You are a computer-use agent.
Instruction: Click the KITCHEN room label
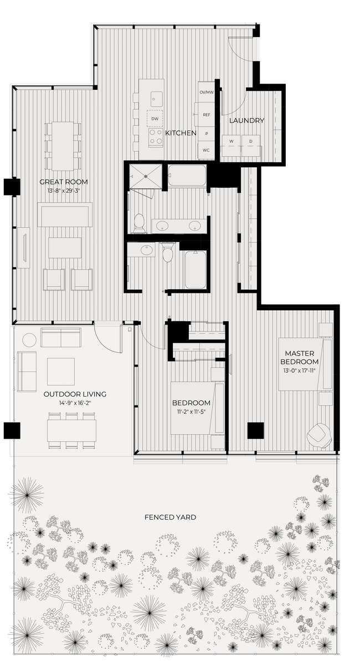pos(181,133)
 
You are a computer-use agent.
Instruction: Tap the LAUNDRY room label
pos(246,120)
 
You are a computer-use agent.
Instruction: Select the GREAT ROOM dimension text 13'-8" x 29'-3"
pos(64,191)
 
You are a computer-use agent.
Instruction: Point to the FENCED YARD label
pos(170,517)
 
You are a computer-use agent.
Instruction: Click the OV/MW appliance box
pos(206,92)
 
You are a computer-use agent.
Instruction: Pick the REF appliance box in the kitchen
pos(206,115)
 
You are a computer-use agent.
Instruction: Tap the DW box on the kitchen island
pos(155,118)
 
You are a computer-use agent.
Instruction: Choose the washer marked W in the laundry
pos(232,142)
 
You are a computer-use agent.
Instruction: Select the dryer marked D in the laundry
pos(250,142)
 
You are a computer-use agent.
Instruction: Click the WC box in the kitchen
pos(206,150)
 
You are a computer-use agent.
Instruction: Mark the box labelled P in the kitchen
pos(206,133)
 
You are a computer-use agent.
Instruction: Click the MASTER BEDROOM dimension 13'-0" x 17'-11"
pos(300,371)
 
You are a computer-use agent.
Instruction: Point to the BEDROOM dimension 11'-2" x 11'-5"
pos(191,412)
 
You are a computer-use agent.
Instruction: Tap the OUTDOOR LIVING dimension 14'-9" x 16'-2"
pos(75,403)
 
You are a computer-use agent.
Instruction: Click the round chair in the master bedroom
pos(320,435)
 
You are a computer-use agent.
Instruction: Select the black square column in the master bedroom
pos(255,430)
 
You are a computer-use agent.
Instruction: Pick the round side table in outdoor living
pos(29,340)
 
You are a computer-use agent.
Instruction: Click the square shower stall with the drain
pos(146,176)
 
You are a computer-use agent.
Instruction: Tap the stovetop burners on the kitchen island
pos(156,137)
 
